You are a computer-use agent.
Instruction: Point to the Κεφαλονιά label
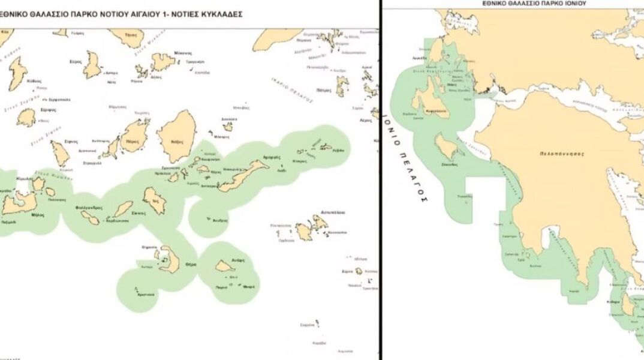tap(436, 113)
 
